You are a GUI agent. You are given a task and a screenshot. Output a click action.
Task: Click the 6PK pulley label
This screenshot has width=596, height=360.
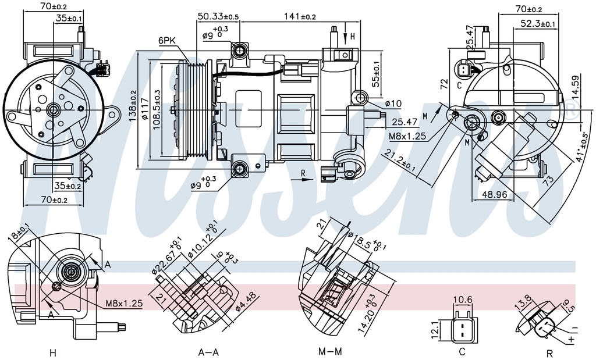(166, 41)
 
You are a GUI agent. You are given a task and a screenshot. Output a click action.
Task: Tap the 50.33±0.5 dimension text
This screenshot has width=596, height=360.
(218, 16)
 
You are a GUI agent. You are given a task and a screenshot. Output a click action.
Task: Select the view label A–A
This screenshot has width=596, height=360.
(208, 352)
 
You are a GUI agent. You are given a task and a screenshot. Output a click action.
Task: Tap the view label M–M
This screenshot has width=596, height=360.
(330, 352)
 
